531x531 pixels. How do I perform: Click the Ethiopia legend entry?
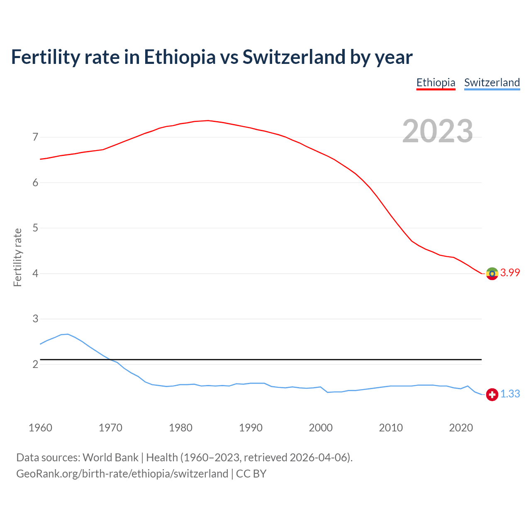point(436,83)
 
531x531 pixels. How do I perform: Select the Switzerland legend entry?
point(492,83)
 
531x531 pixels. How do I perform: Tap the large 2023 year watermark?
point(437,131)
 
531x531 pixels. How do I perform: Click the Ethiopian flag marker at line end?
point(492,273)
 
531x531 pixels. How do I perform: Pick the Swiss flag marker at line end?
point(492,395)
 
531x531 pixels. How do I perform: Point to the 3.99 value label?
point(510,273)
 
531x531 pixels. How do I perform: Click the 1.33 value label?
point(510,394)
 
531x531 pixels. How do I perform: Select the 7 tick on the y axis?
point(35,137)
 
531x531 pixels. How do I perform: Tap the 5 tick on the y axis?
point(35,228)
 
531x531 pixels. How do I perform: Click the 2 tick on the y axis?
point(35,364)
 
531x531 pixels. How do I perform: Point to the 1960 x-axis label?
point(40,428)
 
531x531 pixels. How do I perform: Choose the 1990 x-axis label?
point(251,428)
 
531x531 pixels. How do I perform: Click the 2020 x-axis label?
point(461,428)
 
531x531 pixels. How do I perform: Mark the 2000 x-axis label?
point(321,428)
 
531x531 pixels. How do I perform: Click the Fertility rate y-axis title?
point(17,257)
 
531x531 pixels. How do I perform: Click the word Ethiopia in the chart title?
point(180,57)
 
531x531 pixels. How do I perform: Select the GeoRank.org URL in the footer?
point(122,474)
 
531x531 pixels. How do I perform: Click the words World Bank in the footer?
point(110,458)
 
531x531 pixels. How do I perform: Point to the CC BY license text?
point(251,474)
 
